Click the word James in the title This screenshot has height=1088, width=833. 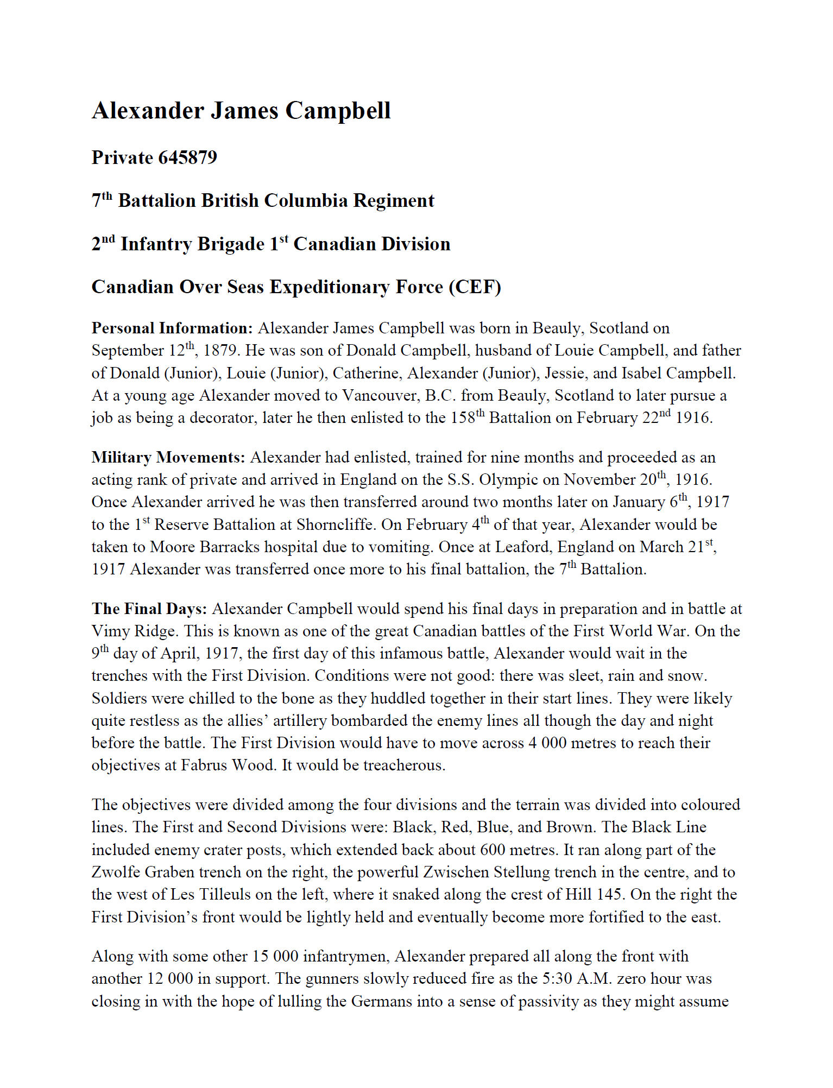[x=243, y=111]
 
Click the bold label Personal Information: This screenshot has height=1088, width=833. [x=172, y=328]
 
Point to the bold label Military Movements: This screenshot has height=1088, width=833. [x=168, y=458]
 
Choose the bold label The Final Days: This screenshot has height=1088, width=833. [x=149, y=609]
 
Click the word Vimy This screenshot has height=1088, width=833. [x=108, y=631]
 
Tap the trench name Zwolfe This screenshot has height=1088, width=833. [x=117, y=872]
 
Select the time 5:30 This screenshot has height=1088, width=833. [x=558, y=979]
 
